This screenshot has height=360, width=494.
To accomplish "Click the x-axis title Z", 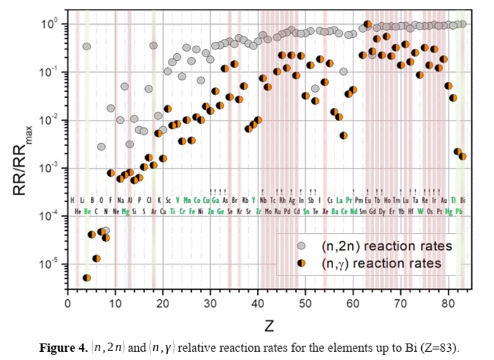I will click(269, 327).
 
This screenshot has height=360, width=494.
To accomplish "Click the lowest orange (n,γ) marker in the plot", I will click(87, 278).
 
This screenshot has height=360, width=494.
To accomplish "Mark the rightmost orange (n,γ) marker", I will click(462, 156).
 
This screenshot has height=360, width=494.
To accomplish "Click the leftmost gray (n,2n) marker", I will click(87, 46).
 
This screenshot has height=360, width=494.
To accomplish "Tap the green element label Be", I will click(87, 210).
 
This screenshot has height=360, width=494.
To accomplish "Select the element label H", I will click(73, 200).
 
